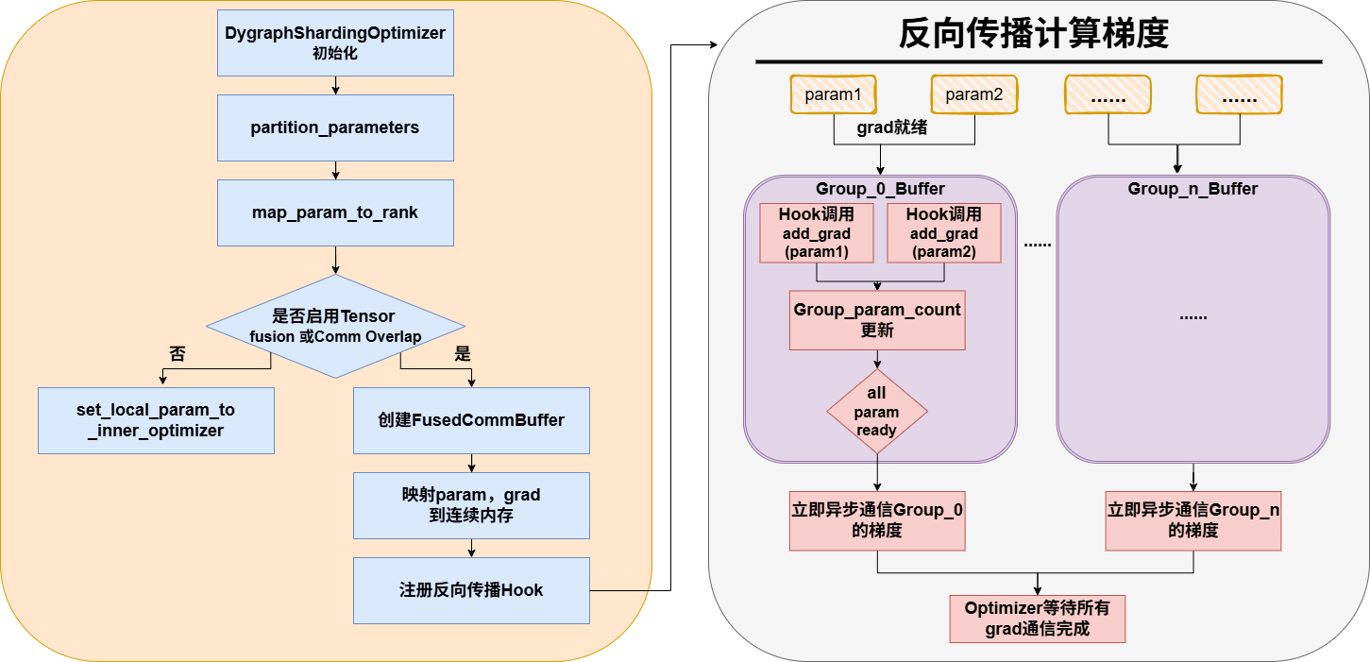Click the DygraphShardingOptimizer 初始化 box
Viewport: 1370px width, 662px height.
pos(335,42)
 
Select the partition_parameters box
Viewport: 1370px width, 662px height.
pos(335,127)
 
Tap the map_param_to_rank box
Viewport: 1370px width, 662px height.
pos(335,212)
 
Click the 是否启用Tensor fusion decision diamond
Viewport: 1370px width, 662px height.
pos(335,327)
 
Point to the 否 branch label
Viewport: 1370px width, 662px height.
pos(178,354)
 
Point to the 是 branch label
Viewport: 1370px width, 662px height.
pos(463,354)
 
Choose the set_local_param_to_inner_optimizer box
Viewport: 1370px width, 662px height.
pos(156,420)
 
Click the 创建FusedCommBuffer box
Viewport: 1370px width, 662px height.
pos(471,420)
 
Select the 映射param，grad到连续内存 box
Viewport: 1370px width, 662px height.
pos(471,505)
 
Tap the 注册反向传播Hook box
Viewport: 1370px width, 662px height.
pos(471,590)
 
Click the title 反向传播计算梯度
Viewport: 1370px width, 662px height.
pos(1034,35)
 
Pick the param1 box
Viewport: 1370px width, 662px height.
pos(833,94)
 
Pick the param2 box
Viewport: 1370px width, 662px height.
pos(973,94)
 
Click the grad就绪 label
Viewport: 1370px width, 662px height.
pos(891,127)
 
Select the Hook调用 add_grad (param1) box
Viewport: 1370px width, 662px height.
pos(817,233)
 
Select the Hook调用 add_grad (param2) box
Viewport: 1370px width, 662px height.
pos(945,233)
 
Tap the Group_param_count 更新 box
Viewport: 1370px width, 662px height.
pos(877,320)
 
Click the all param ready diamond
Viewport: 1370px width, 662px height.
pos(877,412)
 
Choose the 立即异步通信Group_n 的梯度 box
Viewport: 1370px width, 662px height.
pos(1193,520)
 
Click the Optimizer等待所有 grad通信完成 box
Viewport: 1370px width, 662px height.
pos(1038,619)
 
